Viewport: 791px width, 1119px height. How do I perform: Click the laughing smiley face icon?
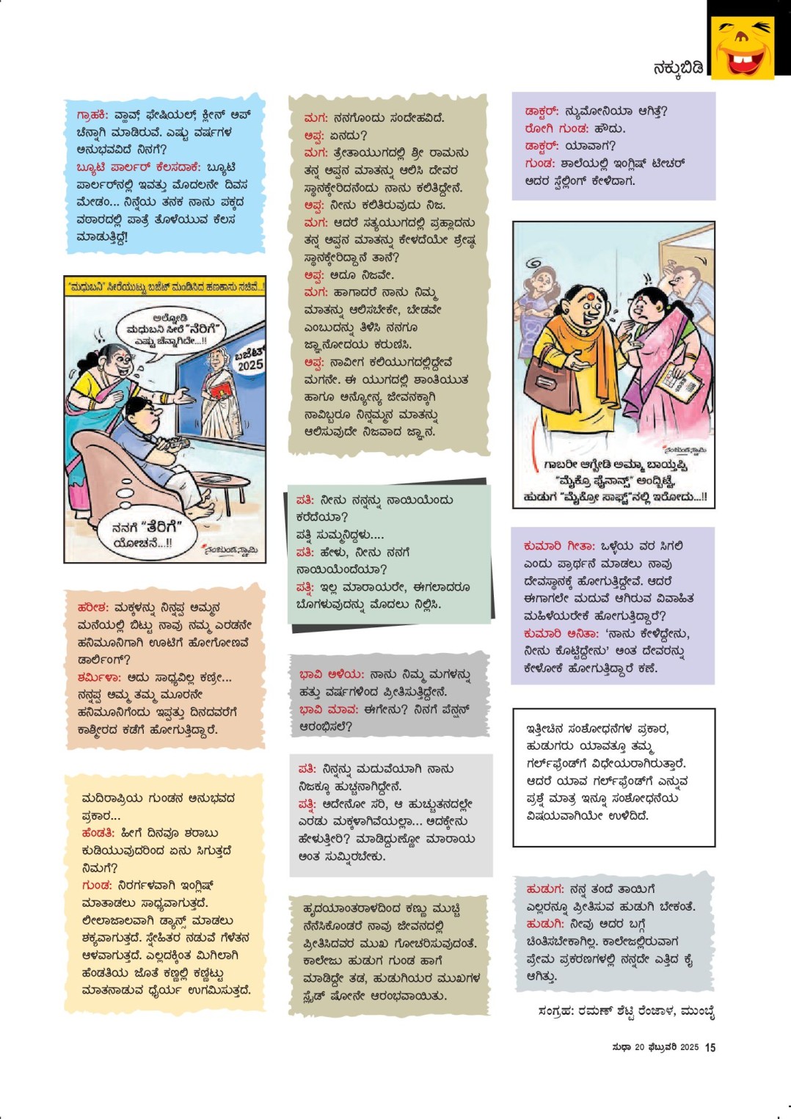click(x=743, y=47)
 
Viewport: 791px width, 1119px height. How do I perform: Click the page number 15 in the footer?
click(x=710, y=1047)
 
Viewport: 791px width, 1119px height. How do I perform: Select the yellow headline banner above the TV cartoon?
click(x=165, y=287)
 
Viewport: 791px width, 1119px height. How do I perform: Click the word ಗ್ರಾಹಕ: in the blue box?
click(x=92, y=114)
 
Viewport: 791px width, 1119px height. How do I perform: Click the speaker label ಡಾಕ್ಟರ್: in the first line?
click(x=542, y=112)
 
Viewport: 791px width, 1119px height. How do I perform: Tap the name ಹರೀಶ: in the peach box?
click(x=93, y=608)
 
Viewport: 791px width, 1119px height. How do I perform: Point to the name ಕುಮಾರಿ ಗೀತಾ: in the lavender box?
click(x=558, y=546)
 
